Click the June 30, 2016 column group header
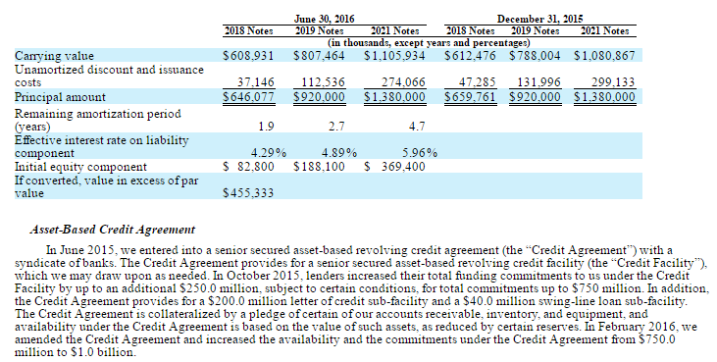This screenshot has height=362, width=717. (324, 19)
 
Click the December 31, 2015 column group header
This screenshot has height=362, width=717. (539, 19)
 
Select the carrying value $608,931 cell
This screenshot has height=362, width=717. (248, 56)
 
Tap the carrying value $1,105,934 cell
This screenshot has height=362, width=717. (394, 56)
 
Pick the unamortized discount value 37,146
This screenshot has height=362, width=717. (256, 82)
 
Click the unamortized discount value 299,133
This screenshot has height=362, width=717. (613, 82)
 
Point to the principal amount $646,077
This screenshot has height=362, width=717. (248, 97)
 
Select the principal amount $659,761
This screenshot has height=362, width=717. (470, 97)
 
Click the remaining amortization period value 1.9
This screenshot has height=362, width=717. (266, 127)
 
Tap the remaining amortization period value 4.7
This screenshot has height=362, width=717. (417, 127)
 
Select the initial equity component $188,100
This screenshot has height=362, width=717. (319, 167)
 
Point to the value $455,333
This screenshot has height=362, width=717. (248, 193)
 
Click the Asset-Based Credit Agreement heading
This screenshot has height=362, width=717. (113, 230)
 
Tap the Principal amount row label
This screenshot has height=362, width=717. (60, 97)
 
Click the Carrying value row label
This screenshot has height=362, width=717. (54, 56)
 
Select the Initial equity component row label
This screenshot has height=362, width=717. (81, 167)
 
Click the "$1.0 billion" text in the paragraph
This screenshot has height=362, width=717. (103, 352)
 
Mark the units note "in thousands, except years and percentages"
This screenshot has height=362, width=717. (429, 43)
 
